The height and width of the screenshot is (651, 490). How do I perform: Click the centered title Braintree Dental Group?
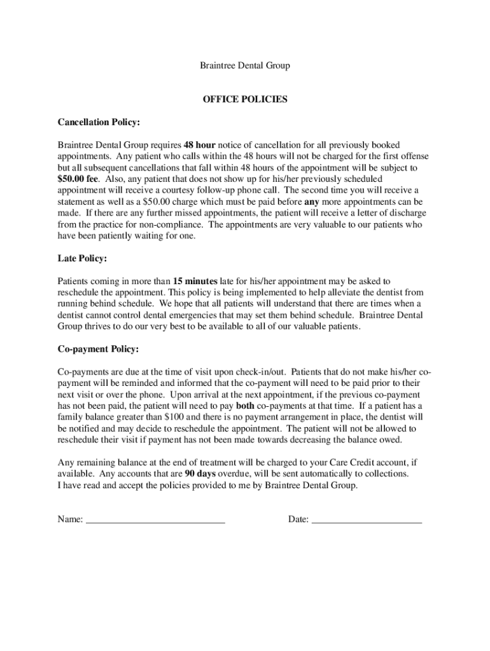point(245,65)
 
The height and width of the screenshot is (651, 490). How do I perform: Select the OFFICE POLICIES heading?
point(245,99)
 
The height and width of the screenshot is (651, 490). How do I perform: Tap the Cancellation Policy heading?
point(99,122)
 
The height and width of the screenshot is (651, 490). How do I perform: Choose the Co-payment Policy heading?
point(98,349)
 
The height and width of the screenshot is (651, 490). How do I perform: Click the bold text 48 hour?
point(200,145)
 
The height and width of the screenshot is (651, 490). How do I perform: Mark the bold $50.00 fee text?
point(79,179)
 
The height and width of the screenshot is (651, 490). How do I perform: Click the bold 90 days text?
point(202,474)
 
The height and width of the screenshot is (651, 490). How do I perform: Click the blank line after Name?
point(155,520)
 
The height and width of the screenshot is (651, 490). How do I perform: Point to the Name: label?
point(70,519)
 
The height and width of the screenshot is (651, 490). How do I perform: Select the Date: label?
point(298,519)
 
